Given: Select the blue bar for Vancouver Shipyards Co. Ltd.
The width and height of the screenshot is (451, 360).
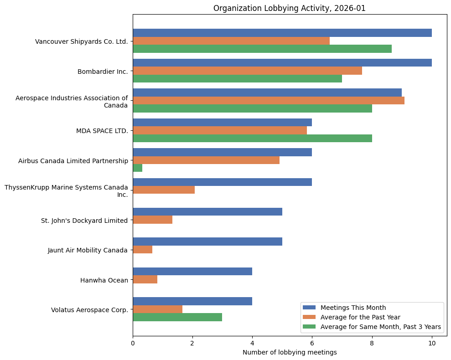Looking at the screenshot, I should [x=282, y=33].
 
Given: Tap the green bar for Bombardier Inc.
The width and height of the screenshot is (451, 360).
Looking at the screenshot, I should [x=237, y=79].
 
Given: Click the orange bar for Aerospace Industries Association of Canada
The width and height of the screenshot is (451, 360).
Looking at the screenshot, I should [x=268, y=100].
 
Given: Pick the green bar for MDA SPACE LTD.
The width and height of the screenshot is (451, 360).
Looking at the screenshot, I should [x=252, y=138].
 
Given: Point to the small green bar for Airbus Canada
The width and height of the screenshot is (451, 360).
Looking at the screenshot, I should [x=137, y=168].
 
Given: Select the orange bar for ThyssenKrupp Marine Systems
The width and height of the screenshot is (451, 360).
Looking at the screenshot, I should [x=164, y=190].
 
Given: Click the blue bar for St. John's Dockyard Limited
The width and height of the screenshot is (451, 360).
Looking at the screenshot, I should [x=207, y=211].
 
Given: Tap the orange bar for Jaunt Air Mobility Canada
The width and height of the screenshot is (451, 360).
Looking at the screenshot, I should [x=142, y=249].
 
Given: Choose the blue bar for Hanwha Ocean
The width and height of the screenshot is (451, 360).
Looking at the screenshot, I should [x=192, y=271].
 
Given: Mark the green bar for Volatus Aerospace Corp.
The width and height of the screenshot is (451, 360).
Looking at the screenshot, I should [x=177, y=317].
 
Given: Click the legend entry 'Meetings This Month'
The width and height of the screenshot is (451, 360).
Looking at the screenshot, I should [x=353, y=307].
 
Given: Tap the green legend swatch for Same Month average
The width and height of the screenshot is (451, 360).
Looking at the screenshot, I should [x=309, y=327].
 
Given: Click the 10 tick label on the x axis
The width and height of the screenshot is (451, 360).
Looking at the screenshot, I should [x=431, y=344].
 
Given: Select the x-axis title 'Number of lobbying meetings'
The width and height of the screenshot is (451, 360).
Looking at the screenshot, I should [x=290, y=352].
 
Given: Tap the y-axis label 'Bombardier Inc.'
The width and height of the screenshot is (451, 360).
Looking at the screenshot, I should [x=103, y=72].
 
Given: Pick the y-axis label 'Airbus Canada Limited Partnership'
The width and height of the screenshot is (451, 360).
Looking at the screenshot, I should [x=73, y=161].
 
